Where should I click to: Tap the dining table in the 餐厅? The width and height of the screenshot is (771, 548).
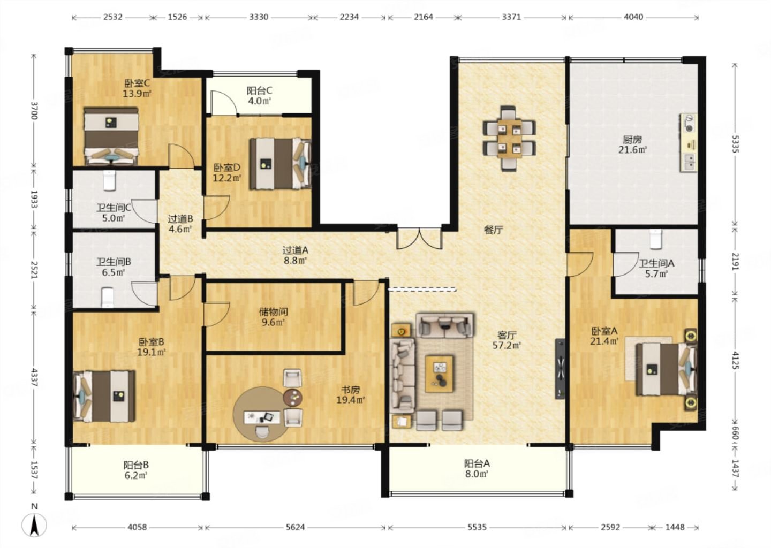point(509,138)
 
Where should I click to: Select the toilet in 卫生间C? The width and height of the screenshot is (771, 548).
point(110,180)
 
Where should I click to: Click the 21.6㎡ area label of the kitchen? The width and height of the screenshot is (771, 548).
point(633,150)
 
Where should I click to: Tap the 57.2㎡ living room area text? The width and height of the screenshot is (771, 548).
point(507,345)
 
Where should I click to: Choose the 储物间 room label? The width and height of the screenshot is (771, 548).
point(273,312)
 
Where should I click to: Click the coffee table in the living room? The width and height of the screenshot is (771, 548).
point(439,374)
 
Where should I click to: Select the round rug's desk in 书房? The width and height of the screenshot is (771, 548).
point(262,417)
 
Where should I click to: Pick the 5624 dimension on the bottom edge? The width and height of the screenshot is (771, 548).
point(296,527)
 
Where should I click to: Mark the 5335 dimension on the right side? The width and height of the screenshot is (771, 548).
point(735,144)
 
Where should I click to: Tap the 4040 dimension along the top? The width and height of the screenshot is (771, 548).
point(633,17)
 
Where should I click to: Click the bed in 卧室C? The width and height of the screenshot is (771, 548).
point(111,136)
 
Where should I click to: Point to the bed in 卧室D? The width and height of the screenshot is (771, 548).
point(281,164)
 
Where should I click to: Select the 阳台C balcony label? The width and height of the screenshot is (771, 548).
point(260,90)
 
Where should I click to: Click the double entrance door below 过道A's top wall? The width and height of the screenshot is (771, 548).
point(419,238)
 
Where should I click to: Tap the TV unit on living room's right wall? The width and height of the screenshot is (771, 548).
point(560,369)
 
